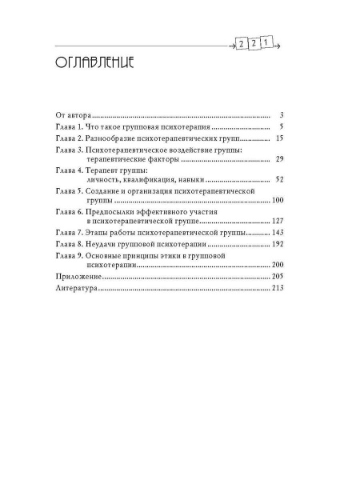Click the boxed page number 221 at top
(253, 44)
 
